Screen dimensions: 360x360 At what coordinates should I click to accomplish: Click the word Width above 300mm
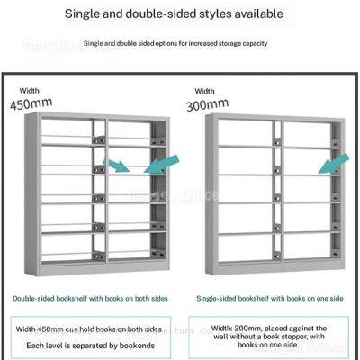(x=205, y=90)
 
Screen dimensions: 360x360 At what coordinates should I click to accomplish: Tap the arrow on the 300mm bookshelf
(x=333, y=166)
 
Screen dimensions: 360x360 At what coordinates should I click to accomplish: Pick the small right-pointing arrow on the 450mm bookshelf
(x=116, y=166)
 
